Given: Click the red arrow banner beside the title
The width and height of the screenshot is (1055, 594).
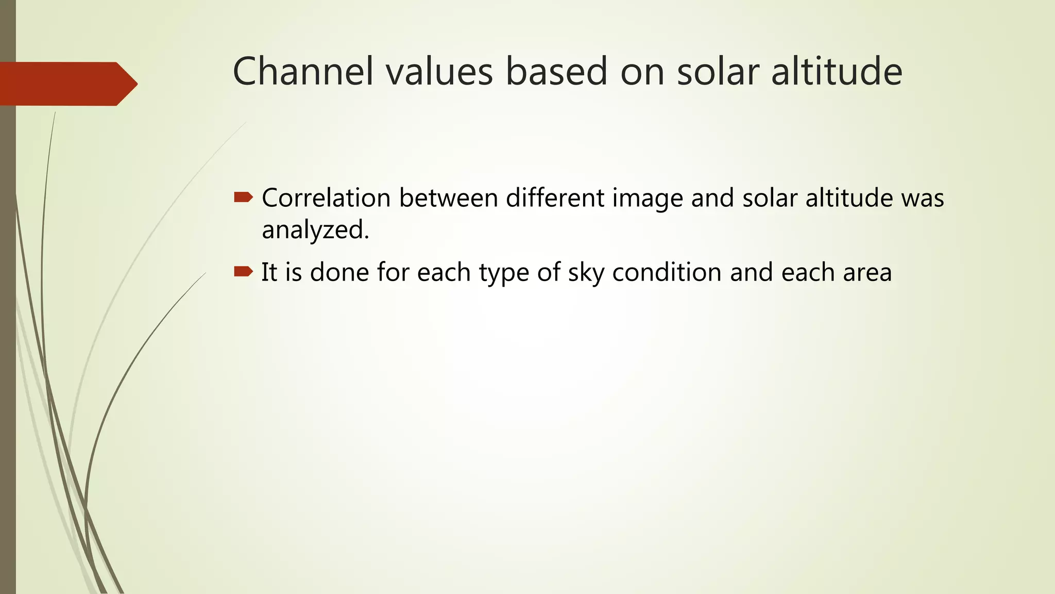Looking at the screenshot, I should [67, 84].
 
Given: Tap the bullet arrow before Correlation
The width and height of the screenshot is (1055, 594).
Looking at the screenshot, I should [243, 197].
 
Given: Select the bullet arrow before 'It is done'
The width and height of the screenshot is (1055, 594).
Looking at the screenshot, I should [243, 271].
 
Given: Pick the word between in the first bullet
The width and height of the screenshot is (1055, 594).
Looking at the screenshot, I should [448, 198].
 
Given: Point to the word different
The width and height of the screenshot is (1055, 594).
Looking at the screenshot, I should [555, 198].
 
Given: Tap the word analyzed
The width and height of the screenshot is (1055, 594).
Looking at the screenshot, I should [315, 230].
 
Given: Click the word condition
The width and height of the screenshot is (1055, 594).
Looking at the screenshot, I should [667, 272].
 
